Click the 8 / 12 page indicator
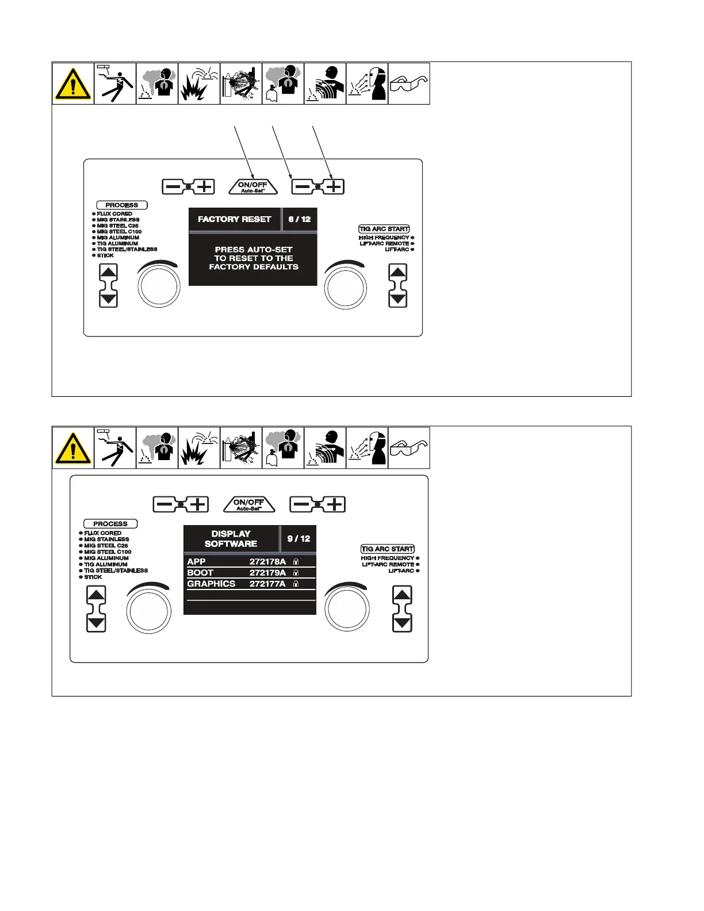coord(300,219)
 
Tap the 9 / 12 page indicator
coord(299,539)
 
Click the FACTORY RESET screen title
coord(234,219)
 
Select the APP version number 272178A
coord(267,561)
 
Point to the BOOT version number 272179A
coord(267,573)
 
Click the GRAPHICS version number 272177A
coord(267,584)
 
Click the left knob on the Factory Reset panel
coord(159,286)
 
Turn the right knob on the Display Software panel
coord(347,610)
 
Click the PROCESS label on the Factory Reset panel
coord(122,205)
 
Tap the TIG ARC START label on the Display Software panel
coord(388,549)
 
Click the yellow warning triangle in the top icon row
coord(73,84)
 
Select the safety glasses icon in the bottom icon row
coord(409,449)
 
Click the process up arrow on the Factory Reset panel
coord(109,272)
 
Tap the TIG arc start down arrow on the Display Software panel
coord(403,623)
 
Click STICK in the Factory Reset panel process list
coord(105,255)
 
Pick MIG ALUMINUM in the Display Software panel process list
coord(106,558)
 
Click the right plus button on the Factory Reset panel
coord(334,186)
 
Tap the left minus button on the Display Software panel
coord(164,504)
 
